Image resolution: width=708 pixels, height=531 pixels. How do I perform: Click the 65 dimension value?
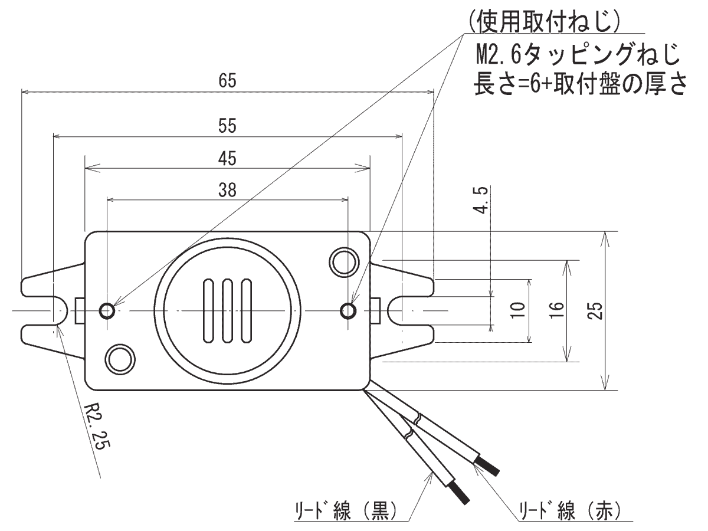tap(227, 81)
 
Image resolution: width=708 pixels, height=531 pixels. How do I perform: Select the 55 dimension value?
tap(227, 126)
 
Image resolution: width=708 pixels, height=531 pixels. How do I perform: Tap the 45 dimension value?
tap(227, 158)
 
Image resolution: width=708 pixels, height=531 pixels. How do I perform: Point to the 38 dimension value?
tap(227, 189)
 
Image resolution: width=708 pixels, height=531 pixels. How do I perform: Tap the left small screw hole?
tap(107, 310)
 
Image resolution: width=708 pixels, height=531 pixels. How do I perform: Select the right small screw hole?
tap(349, 310)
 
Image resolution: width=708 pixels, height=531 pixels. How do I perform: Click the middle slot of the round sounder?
tap(227, 310)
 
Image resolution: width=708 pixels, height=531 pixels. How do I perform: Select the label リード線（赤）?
tap(567, 509)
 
